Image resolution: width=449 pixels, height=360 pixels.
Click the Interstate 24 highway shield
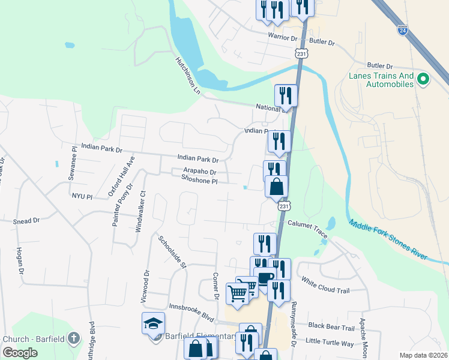402,28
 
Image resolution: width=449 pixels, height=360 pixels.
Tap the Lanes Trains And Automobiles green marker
424,79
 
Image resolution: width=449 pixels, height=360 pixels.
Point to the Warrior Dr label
282,37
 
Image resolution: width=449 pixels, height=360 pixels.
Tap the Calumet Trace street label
307,227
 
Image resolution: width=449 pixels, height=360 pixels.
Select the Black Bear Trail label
331,327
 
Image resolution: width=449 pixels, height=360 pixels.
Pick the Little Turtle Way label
330,343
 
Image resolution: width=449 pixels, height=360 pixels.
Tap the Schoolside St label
173,251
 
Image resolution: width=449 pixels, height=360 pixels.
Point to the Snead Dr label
26,221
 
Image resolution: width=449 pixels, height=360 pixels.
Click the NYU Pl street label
82,196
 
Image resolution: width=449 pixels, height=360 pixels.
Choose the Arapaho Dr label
199,172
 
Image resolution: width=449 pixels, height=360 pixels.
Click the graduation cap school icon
153,323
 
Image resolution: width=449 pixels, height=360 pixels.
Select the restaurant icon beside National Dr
286,95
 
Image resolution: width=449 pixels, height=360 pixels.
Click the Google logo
20,352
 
